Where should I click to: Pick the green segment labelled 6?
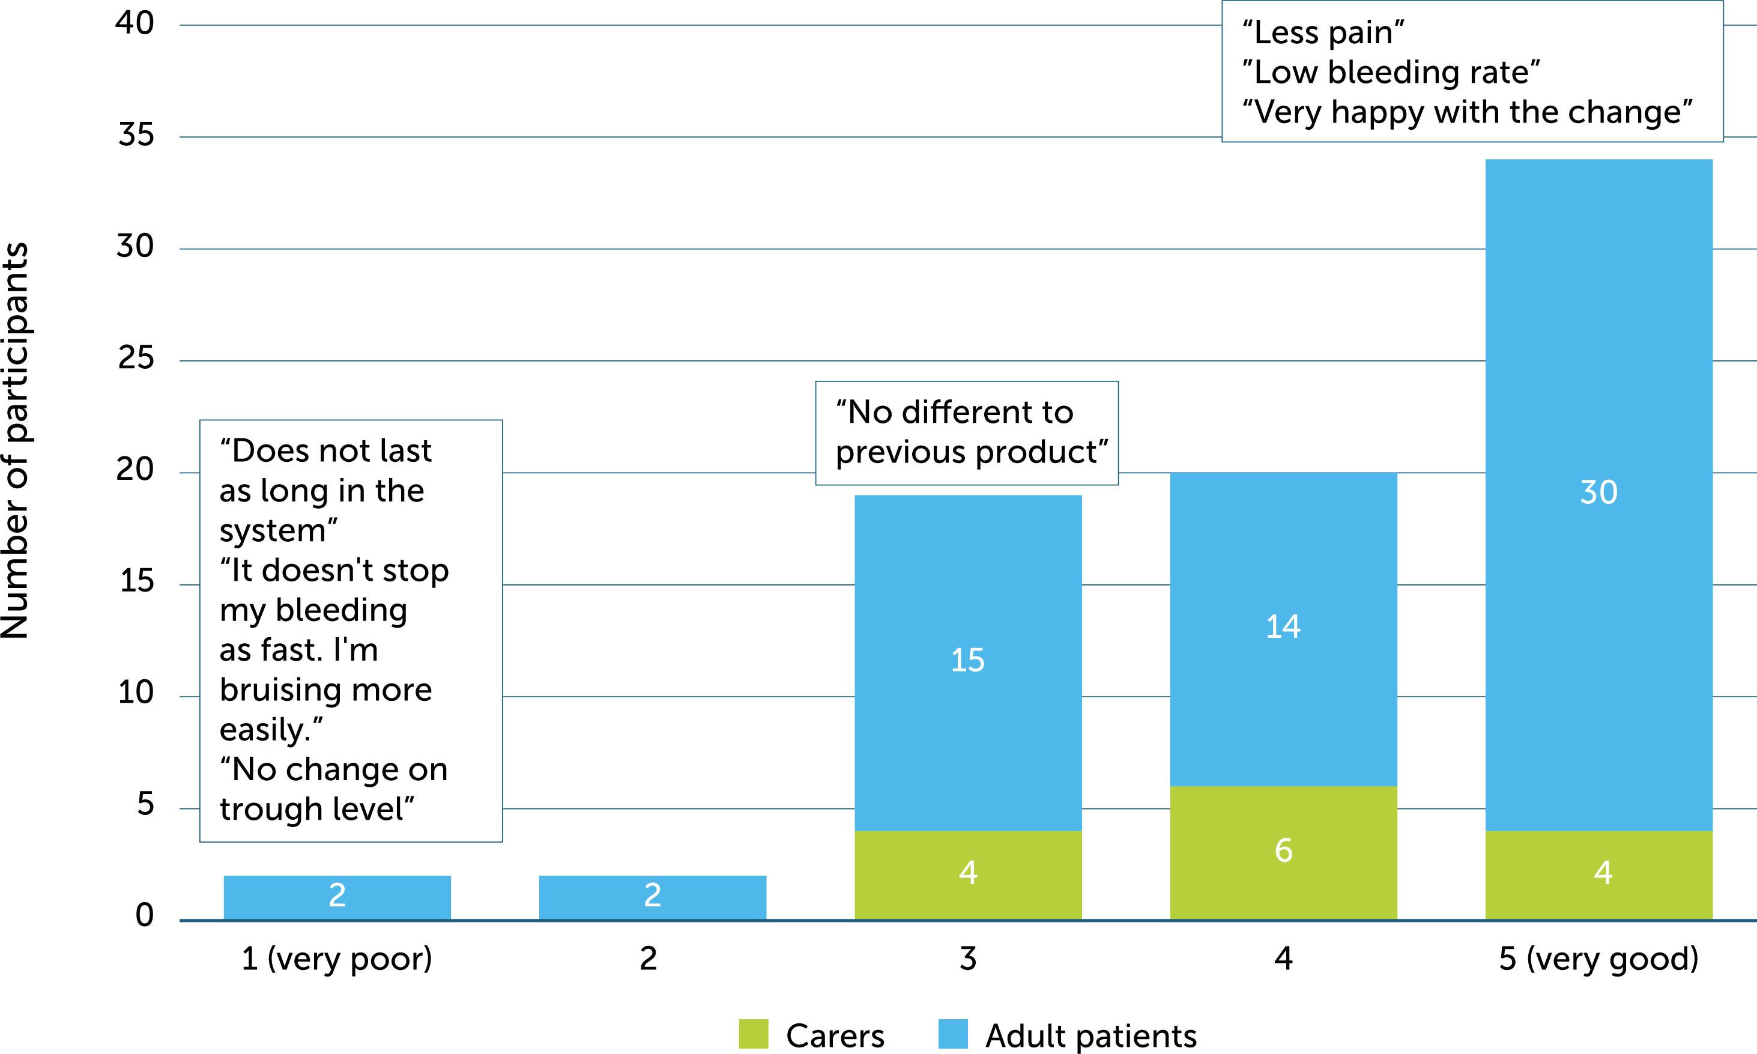[x=1283, y=852]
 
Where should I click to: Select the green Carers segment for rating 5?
[x=1598, y=874]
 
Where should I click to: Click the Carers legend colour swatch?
[x=753, y=1034]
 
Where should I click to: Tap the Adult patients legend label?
[x=1090, y=1035]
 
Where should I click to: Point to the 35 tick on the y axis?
[x=136, y=135]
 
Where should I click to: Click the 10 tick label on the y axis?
[x=136, y=692]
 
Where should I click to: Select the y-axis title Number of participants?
[x=16, y=440]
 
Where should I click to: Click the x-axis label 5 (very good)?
[x=1598, y=959]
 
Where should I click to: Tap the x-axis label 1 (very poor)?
[x=337, y=959]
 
